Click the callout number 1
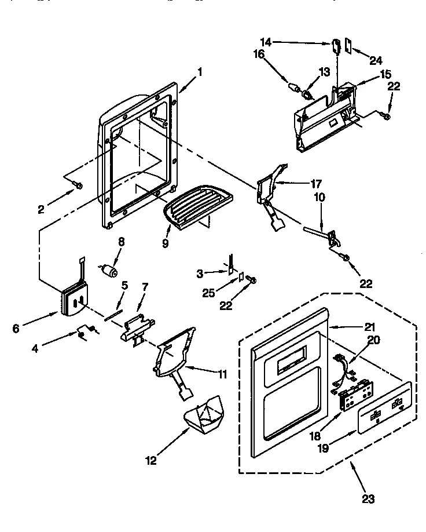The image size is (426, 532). pos(200,72)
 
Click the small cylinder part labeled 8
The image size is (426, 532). pos(109,271)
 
